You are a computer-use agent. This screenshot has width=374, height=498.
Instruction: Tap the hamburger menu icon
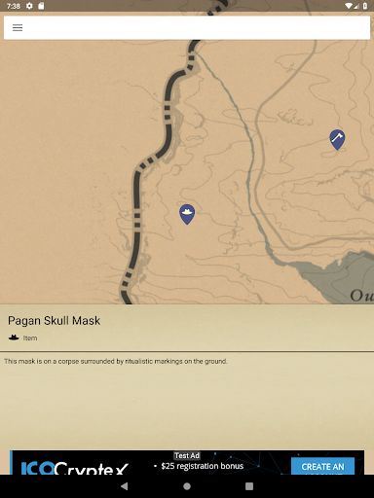tap(18, 27)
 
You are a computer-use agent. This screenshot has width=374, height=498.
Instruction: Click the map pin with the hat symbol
tap(187, 213)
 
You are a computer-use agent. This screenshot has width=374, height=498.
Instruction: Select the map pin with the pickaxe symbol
tap(337, 139)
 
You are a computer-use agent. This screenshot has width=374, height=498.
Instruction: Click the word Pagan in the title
tap(24, 321)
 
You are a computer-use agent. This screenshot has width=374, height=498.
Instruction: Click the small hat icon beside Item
tap(14, 338)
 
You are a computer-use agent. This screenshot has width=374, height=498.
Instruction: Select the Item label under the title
tap(30, 338)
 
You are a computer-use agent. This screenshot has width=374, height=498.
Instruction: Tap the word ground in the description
tap(215, 362)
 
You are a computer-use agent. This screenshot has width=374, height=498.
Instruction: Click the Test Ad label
tap(187, 455)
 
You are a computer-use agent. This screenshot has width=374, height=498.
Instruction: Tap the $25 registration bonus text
tap(203, 467)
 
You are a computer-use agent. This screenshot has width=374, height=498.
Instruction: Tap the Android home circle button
tap(187, 485)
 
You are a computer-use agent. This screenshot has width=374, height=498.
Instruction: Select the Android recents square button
tap(249, 485)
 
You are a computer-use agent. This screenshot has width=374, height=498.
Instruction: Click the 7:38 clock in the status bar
tap(13, 6)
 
